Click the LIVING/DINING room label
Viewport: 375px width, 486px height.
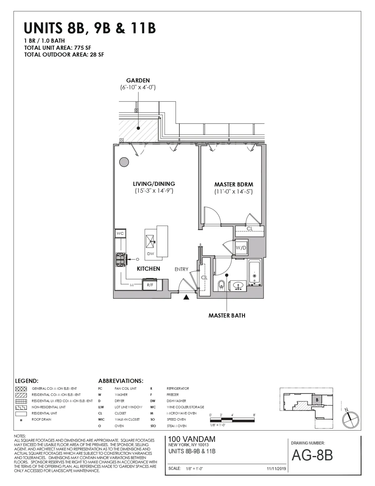click(154, 184)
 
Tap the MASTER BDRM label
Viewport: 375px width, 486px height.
click(233, 185)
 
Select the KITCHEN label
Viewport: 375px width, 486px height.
click(148, 269)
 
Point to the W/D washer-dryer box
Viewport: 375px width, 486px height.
click(241, 248)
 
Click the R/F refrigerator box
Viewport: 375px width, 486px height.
click(150, 285)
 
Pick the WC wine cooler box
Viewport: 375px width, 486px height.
click(120, 233)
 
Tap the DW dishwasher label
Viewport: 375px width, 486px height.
click(151, 254)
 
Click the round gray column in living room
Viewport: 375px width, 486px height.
click(124, 162)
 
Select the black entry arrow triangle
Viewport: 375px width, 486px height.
click(186, 297)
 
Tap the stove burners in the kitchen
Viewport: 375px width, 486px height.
click(120, 259)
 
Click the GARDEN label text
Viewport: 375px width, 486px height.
click(138, 80)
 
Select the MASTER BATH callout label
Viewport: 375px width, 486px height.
click(227, 316)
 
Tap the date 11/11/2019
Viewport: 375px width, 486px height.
click(277, 469)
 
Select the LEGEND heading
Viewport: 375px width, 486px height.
click(27, 381)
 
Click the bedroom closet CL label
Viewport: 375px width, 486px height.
click(250, 229)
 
